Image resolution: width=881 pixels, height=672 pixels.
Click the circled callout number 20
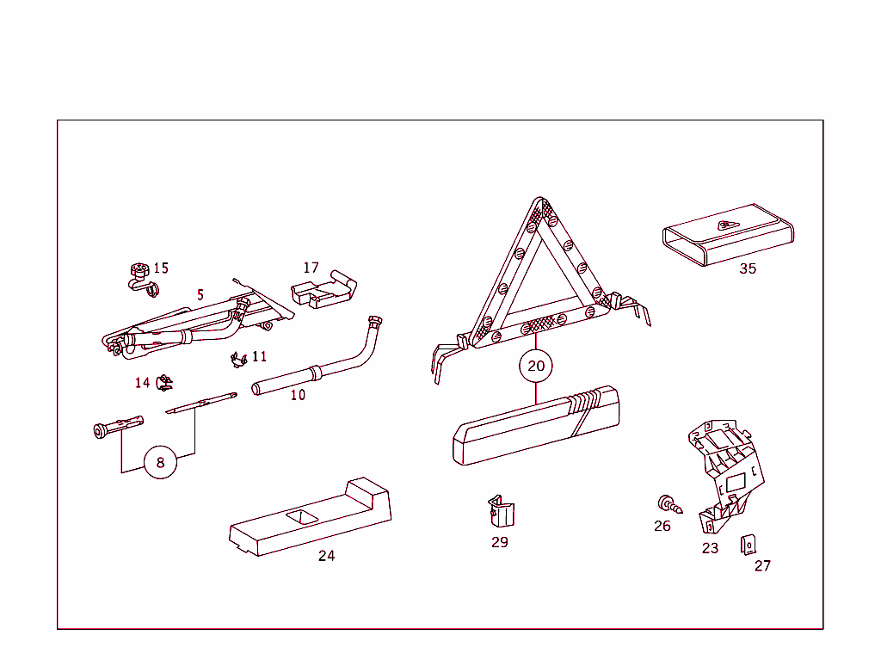[x=536, y=366]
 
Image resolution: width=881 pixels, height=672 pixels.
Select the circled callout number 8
[x=160, y=462]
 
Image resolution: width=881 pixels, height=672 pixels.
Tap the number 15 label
[x=161, y=268]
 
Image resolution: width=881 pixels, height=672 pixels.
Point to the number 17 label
[x=311, y=268]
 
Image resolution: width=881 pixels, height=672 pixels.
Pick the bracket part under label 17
[x=323, y=290]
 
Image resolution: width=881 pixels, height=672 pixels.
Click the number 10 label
[x=298, y=395]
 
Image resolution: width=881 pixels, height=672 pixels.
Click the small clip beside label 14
[x=165, y=379]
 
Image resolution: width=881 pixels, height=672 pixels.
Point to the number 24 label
[x=326, y=556]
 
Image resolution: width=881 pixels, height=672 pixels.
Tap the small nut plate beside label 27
[x=748, y=545]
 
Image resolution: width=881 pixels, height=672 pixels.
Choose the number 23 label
[x=710, y=548]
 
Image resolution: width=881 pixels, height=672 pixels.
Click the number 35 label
[x=748, y=268]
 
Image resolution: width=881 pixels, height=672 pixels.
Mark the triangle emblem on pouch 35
[x=726, y=226]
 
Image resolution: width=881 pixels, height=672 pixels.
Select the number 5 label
[x=200, y=295]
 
